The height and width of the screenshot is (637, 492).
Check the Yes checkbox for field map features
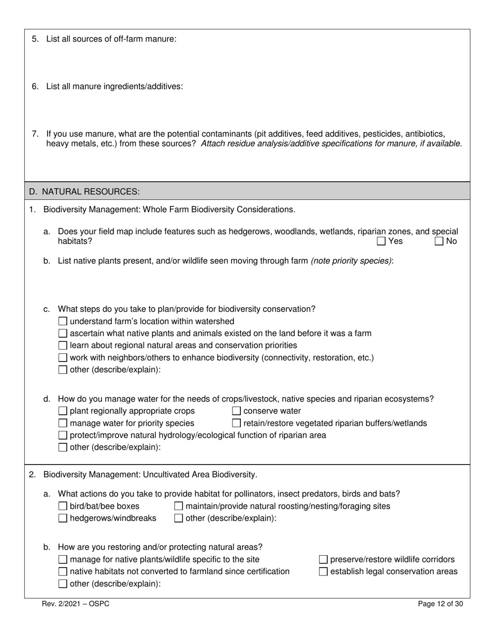pos(381,241)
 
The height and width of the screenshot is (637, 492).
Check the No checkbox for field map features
pos(439,241)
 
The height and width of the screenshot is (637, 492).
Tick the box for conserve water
pos(237,411)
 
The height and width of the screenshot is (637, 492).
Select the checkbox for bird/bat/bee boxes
pos(63,506)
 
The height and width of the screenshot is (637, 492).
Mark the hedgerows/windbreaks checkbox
pos(63,518)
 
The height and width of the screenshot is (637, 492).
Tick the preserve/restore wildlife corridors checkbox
pos(323,560)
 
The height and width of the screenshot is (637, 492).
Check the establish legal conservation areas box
pos(323,572)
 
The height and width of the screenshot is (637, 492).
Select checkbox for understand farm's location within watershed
pos(63,322)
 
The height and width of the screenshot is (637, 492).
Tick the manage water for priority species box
pos(63,424)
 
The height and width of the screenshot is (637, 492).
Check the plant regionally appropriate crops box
pos(63,411)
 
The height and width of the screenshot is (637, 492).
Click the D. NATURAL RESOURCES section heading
pos(84,192)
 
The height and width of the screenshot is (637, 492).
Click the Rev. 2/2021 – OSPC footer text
pos(76,604)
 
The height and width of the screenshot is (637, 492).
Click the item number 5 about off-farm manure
pos(35,39)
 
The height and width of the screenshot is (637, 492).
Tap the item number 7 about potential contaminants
pos(35,134)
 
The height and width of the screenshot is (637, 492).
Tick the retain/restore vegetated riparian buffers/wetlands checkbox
pos(237,424)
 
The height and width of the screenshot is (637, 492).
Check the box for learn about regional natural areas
pos(63,345)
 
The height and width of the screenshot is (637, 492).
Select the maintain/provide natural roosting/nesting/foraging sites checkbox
pos(179,506)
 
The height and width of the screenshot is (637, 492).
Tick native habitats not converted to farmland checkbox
pos(63,572)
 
